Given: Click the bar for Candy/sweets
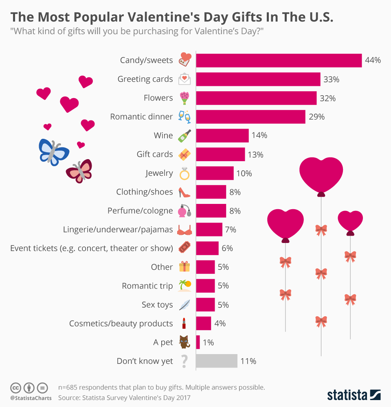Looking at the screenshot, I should [x=279, y=60].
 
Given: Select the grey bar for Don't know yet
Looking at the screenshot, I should [x=217, y=361].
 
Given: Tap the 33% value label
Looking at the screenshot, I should [x=331, y=79].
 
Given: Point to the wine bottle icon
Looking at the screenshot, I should [x=185, y=136].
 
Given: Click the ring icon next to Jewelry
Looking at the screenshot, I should [x=185, y=174].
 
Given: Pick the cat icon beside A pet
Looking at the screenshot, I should [x=185, y=342].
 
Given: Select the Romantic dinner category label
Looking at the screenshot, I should [x=141, y=117].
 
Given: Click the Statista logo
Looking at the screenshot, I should [x=354, y=394].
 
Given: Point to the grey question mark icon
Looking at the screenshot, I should [x=185, y=361].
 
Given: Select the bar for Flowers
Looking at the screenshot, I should [x=256, y=98].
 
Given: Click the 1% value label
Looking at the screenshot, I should [x=208, y=343].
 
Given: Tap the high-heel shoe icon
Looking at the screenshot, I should [x=185, y=192].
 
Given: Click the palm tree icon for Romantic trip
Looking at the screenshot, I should [x=185, y=286].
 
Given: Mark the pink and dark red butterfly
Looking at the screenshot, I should [x=80, y=171].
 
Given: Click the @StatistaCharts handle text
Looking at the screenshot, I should [x=31, y=398].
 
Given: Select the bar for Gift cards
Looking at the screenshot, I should [x=220, y=155].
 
